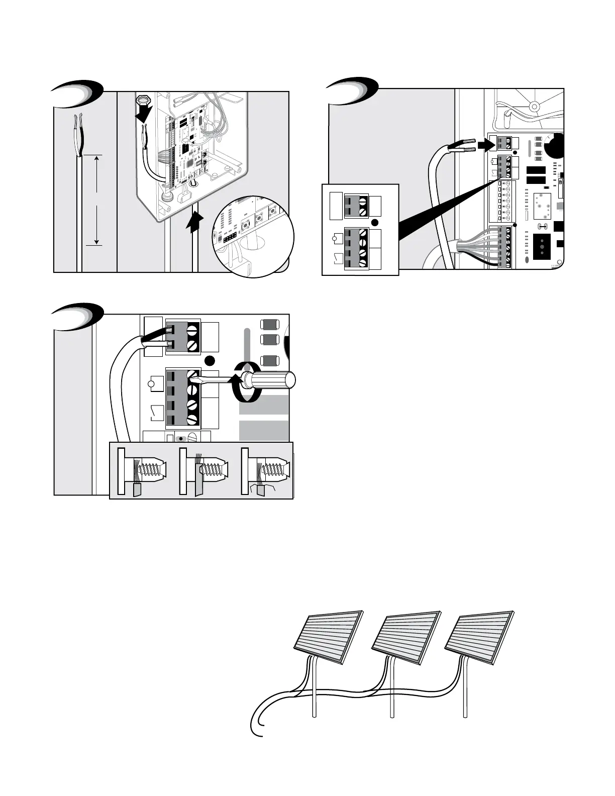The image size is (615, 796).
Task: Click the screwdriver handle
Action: tap(274, 380)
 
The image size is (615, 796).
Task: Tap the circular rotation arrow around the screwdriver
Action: tap(246, 387)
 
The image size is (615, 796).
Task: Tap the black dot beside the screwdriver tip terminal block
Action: tap(211, 360)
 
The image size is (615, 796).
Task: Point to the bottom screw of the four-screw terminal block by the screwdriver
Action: tap(191, 420)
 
